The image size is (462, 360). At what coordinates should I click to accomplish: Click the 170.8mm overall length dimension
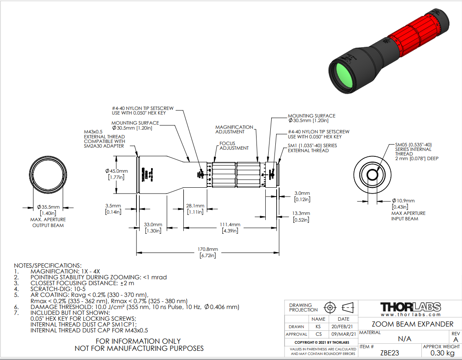click(x=208, y=250)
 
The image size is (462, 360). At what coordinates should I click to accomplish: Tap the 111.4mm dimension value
click(x=231, y=225)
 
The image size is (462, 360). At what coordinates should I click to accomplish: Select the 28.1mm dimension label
click(x=195, y=206)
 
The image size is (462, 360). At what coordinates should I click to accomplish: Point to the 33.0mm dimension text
click(x=153, y=225)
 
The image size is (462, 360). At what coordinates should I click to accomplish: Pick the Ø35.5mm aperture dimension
click(x=49, y=207)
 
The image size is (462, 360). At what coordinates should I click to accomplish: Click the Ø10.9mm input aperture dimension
click(x=403, y=201)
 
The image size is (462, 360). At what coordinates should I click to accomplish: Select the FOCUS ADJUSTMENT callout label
click(x=234, y=146)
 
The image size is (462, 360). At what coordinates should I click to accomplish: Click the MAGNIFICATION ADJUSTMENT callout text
click(x=234, y=129)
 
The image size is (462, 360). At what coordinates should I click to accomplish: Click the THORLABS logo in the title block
click(x=411, y=307)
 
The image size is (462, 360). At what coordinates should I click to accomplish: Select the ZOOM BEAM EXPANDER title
click(x=412, y=324)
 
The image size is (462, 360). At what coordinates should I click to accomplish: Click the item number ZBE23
click(x=389, y=352)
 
